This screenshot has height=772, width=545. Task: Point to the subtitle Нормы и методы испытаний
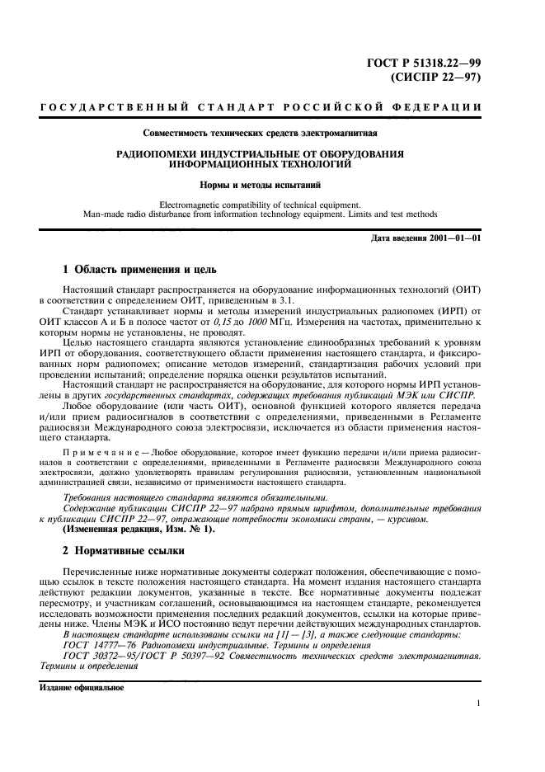pos(271,186)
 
